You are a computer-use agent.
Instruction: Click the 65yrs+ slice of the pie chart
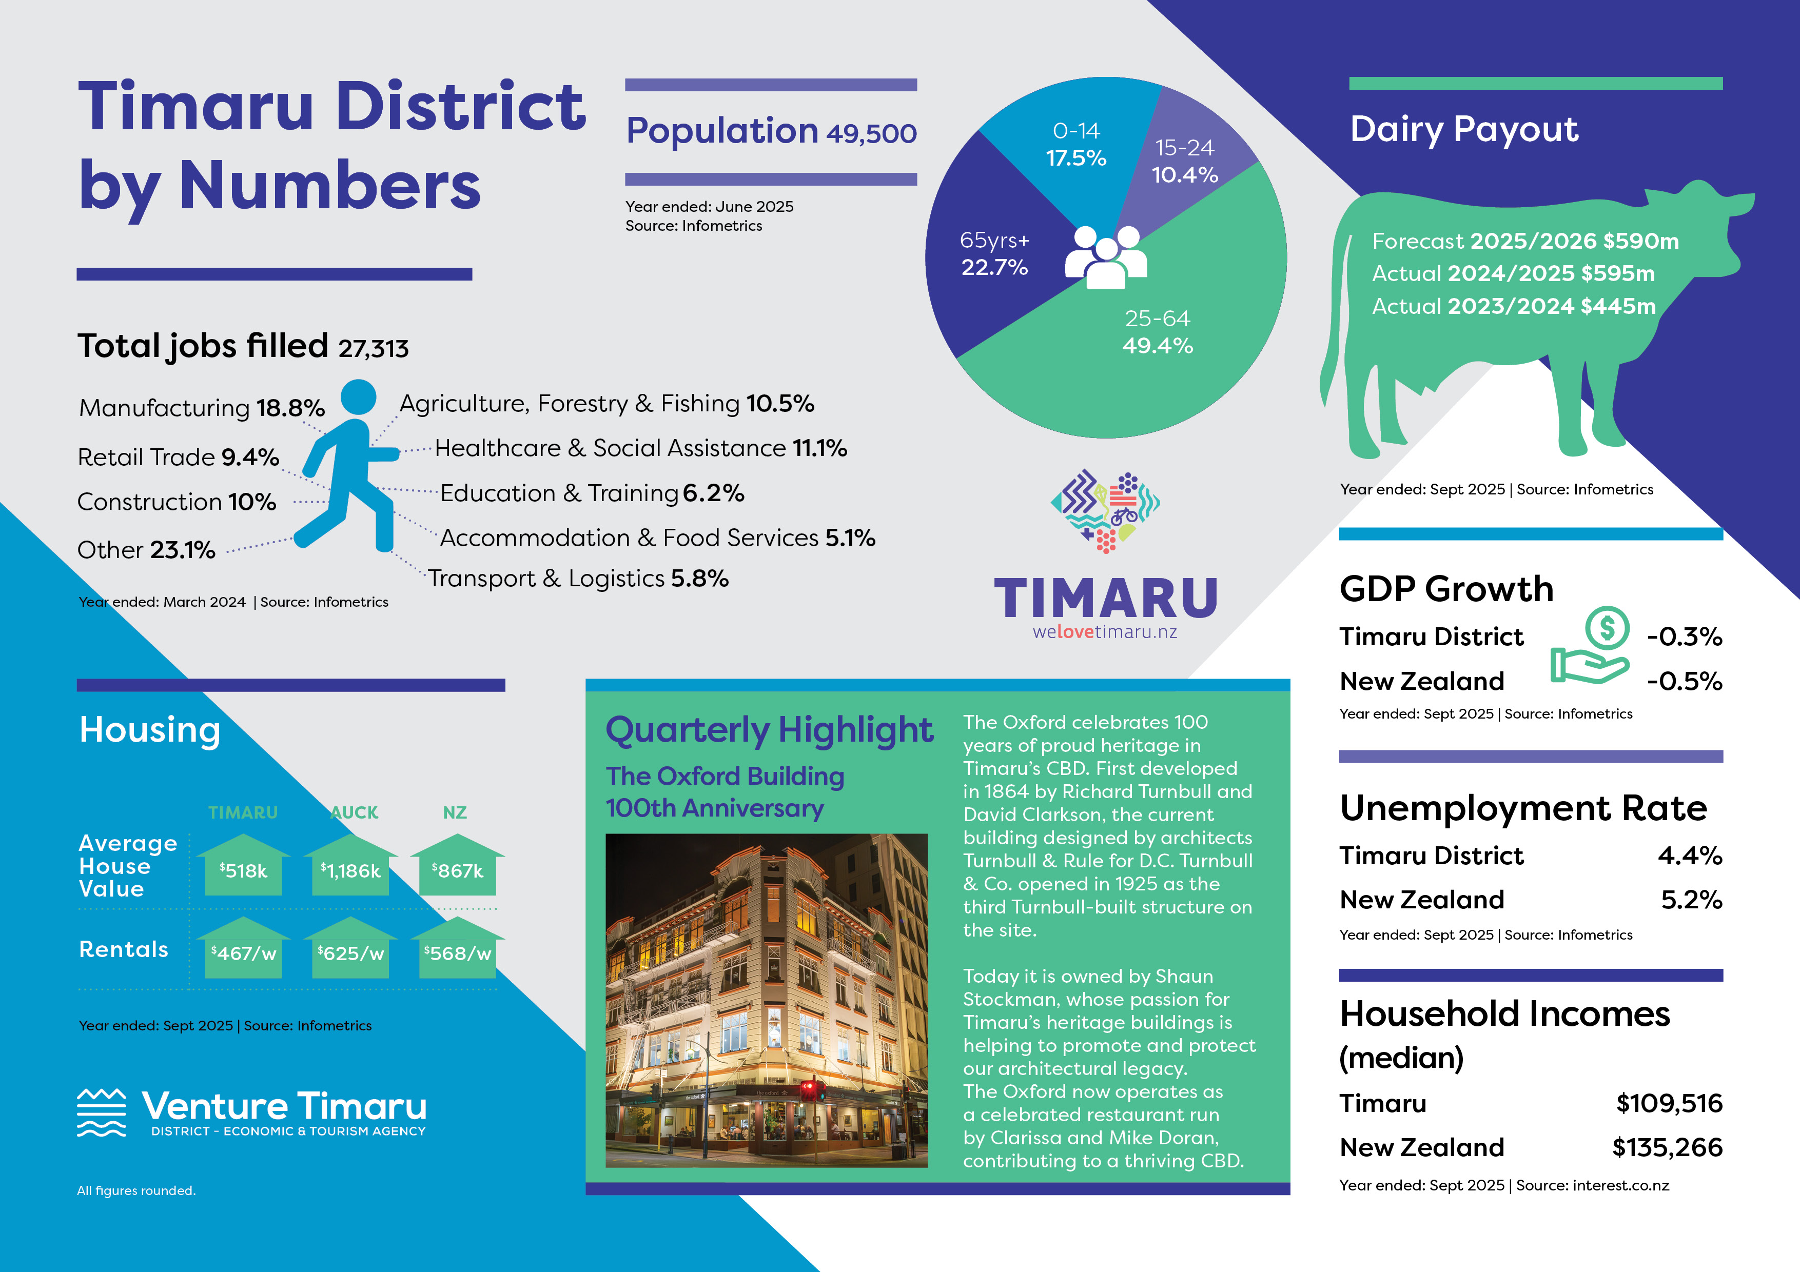tap(992, 251)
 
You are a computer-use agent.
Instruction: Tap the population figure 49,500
tap(871, 134)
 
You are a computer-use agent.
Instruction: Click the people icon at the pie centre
tap(1105, 256)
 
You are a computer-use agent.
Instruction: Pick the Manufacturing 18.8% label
tap(202, 408)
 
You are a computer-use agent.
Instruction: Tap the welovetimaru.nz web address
tap(1105, 632)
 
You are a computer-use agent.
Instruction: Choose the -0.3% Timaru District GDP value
tap(1684, 637)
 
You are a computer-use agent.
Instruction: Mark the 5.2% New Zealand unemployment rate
tap(1692, 900)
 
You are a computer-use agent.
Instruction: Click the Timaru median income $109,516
tap(1669, 1103)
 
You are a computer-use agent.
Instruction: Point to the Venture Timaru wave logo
tap(101, 1112)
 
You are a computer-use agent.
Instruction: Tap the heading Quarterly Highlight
tap(769, 730)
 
